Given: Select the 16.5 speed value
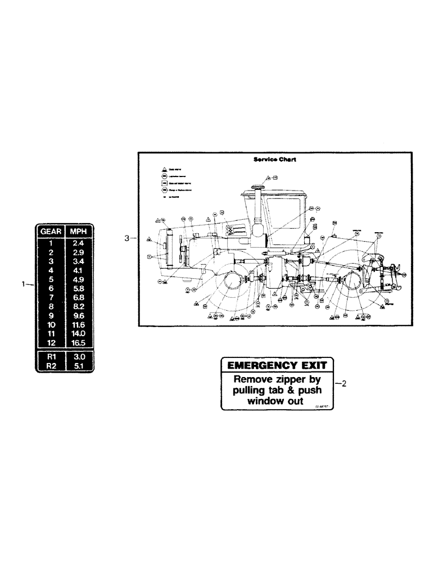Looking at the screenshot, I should tap(79, 342).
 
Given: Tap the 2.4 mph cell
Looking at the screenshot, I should tap(79, 244).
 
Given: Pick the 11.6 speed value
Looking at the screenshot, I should tap(79, 324).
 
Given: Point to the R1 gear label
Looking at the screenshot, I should tap(51, 357).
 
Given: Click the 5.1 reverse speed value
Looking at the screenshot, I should tap(79, 366).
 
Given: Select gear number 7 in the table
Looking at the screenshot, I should tap(51, 297).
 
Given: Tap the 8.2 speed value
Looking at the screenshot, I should tap(79, 306).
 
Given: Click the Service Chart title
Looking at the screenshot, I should tap(275, 159).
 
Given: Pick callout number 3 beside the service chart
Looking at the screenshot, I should tap(127, 238).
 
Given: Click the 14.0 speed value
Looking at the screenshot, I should tap(79, 333).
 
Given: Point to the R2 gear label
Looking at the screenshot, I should tap(51, 366).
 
